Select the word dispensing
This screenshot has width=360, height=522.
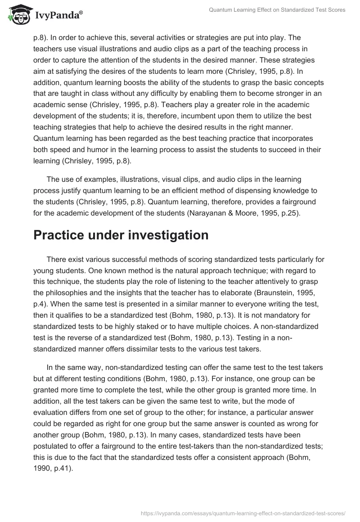coord(248,192)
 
